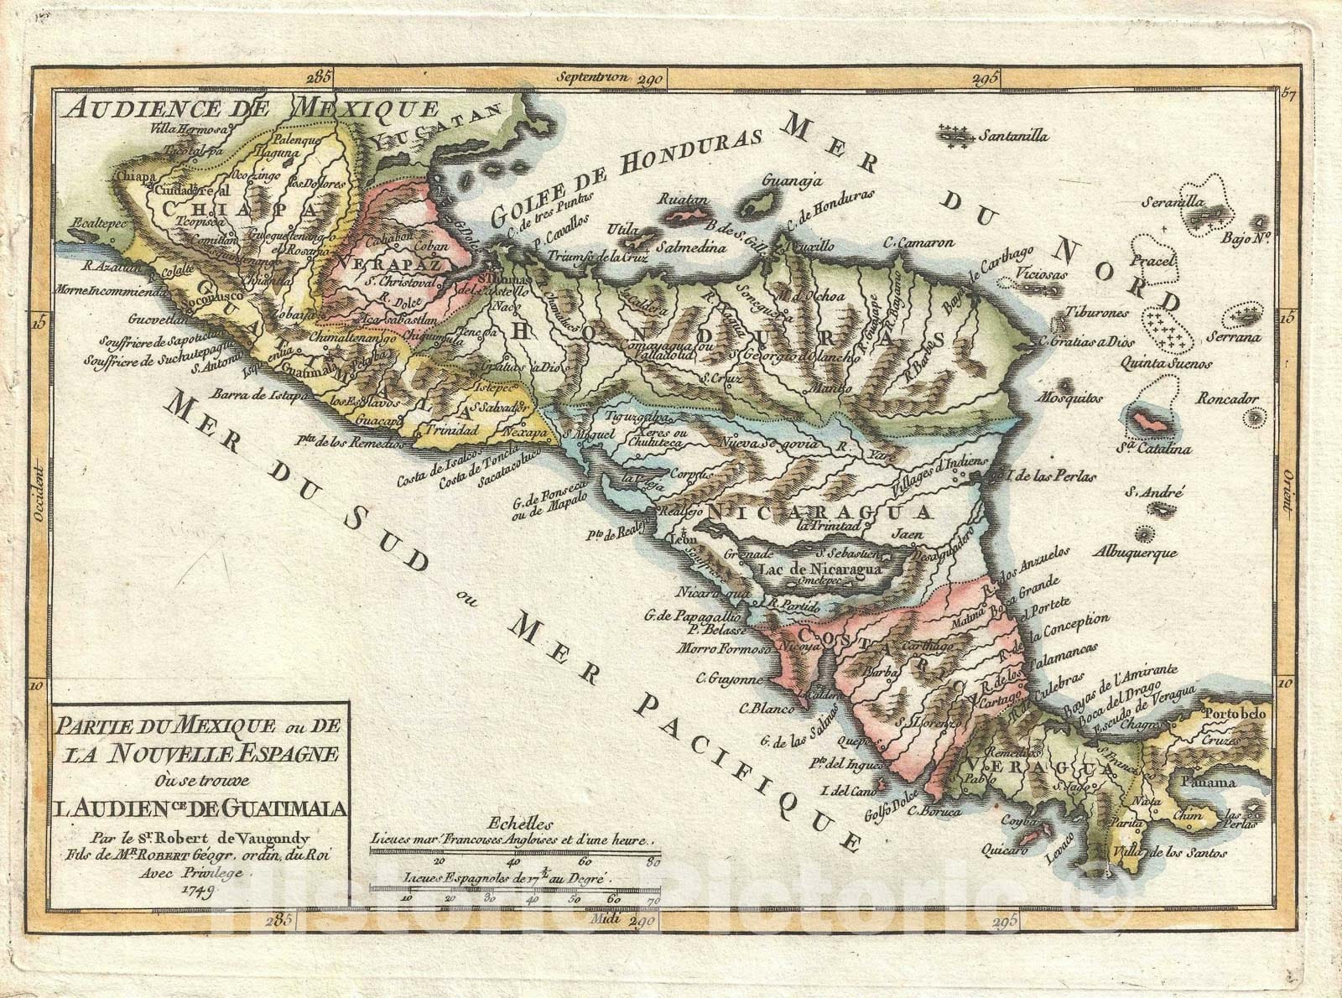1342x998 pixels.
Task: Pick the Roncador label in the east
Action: [1227, 398]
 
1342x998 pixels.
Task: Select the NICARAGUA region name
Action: [819, 512]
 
